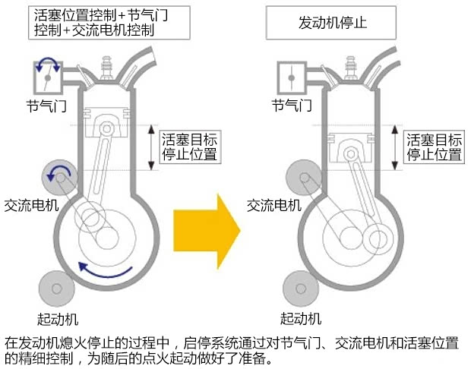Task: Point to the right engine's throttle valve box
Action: (294, 76)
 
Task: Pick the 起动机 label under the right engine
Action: (301, 317)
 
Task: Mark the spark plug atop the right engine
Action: (353, 65)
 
